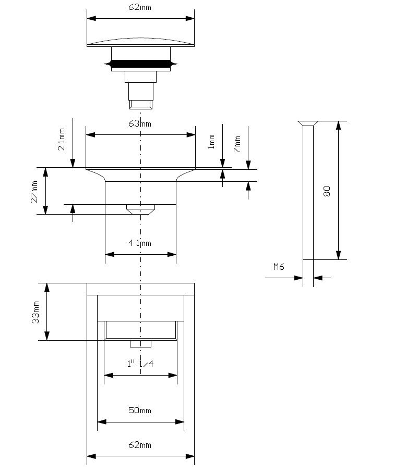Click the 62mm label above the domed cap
(139, 7)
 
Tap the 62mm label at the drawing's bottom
(139, 445)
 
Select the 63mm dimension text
(139, 123)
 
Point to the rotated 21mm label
(62, 139)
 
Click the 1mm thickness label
(211, 142)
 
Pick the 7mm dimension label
(237, 144)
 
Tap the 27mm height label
(34, 192)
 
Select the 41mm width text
(139, 243)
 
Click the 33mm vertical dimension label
(35, 312)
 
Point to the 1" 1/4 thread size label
(140, 364)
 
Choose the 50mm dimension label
(139, 410)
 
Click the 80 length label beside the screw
(327, 191)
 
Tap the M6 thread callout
(279, 267)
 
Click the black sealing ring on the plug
(140, 64)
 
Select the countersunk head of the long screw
(308, 123)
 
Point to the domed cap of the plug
(140, 42)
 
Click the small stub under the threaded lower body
(140, 344)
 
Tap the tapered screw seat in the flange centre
(140, 209)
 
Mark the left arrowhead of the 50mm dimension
(102, 422)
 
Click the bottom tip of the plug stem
(140, 109)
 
